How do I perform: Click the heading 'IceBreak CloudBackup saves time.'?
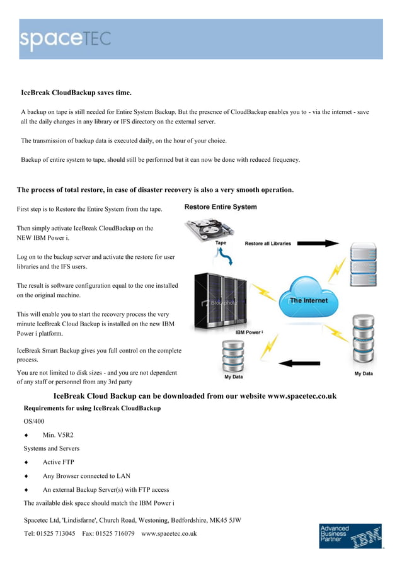[76, 93]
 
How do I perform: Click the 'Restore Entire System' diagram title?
[221, 207]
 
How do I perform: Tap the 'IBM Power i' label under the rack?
[249, 332]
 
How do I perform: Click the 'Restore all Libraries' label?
[268, 243]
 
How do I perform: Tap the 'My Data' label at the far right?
[363, 374]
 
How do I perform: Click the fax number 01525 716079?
[116, 533]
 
